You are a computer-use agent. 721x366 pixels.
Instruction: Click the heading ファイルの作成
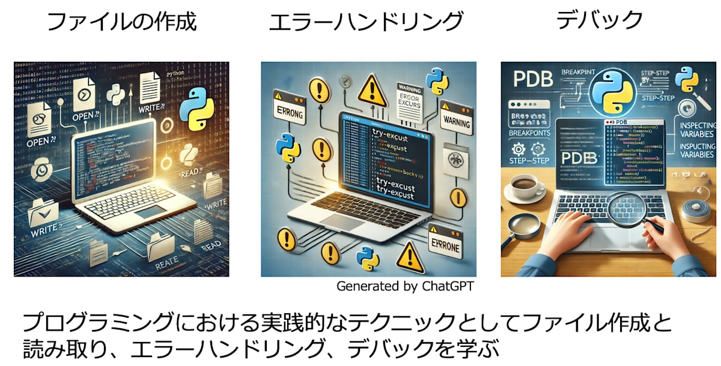[x=121, y=22]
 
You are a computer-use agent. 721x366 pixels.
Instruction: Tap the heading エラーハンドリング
[x=366, y=22]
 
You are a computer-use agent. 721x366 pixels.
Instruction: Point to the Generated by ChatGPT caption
[x=405, y=286]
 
